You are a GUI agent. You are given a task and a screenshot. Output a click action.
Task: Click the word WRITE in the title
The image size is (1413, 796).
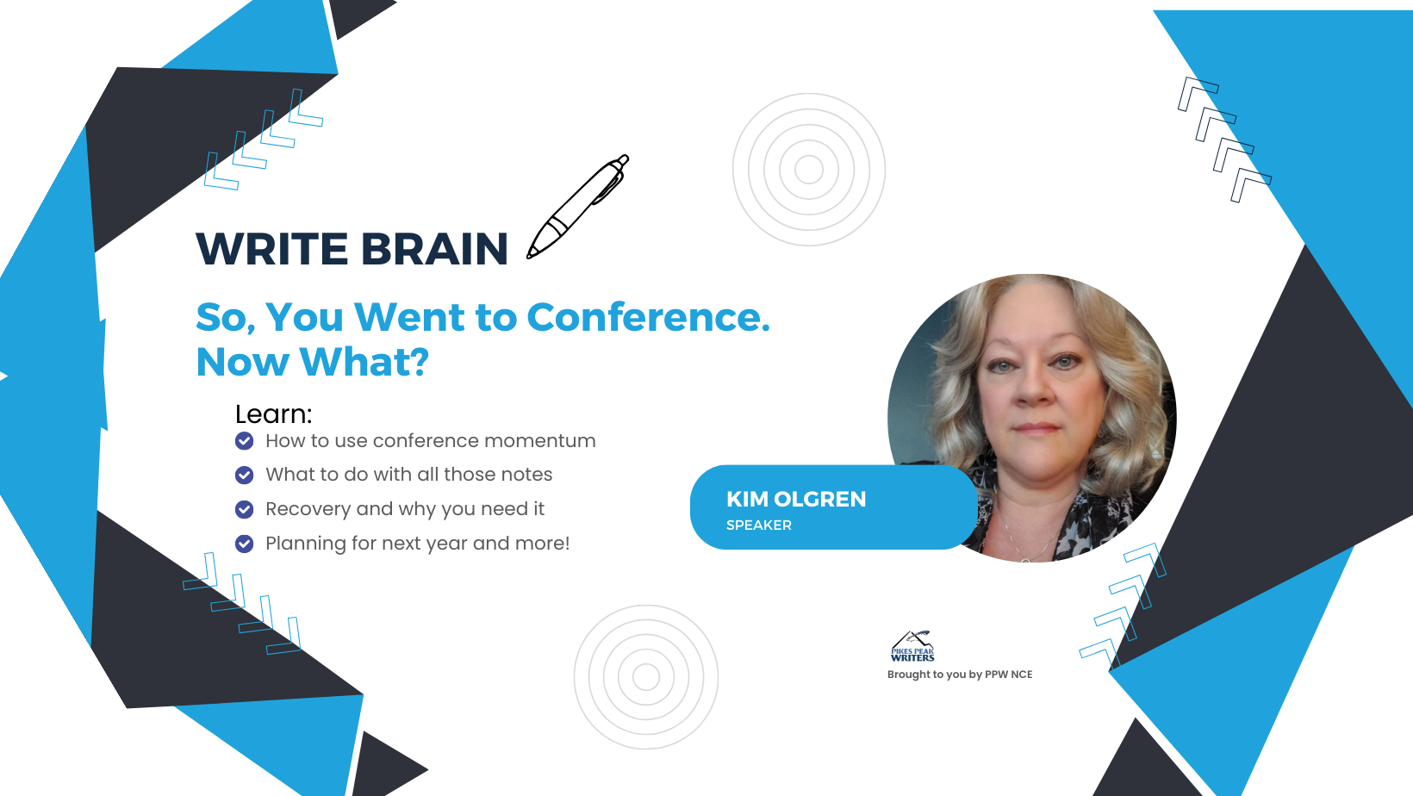tap(272, 248)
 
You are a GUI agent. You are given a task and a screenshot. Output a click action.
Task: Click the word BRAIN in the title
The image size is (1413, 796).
tap(434, 248)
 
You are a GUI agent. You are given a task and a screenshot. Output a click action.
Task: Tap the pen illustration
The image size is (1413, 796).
tap(578, 207)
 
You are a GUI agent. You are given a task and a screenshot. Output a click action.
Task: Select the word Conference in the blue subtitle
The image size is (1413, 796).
tap(649, 317)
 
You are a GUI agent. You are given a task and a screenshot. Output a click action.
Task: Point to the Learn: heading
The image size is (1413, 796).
tap(273, 414)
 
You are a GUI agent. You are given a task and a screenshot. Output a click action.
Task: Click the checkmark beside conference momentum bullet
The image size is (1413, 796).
tap(244, 441)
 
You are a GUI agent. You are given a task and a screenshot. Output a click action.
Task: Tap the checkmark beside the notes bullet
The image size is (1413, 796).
tap(244, 475)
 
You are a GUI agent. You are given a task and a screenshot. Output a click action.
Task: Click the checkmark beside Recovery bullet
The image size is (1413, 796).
tap(244, 509)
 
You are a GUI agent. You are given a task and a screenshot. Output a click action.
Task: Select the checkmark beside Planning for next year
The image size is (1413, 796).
tap(244, 543)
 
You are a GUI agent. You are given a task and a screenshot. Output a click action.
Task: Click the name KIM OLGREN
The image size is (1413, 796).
tap(796, 499)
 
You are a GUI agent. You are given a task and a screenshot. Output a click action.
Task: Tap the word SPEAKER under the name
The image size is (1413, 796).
tap(759, 525)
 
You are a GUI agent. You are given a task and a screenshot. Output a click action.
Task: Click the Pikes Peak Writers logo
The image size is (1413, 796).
tap(912, 646)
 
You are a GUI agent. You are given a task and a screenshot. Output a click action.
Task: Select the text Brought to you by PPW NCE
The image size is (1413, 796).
tap(960, 675)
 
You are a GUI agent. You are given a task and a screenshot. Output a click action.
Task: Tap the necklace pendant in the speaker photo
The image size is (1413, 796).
tap(1026, 558)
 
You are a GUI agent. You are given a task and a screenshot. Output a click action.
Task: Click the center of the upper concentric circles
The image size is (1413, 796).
tap(809, 169)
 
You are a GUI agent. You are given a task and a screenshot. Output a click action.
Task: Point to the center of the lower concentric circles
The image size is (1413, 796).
tap(646, 677)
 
